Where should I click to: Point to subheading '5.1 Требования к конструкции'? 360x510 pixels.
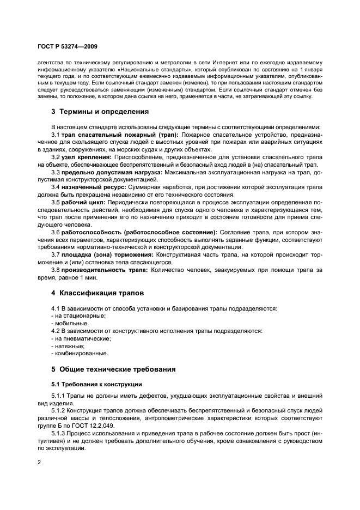96,384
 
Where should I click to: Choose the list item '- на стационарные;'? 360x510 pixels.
78,315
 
